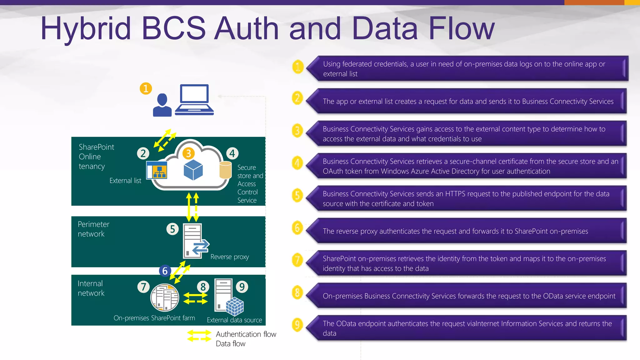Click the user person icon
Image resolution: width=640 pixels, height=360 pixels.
pos(162,105)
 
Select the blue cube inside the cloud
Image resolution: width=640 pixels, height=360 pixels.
pos(193,170)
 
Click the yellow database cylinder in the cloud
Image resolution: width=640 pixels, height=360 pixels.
pos(225,174)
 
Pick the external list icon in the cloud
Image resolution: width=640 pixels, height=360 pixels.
pos(157,170)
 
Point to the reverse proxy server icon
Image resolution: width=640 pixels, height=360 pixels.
pos(194,241)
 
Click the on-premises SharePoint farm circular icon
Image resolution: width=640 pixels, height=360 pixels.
pos(165,297)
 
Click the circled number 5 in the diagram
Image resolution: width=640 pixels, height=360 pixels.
pos(172,229)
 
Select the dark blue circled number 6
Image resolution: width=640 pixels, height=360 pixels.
pos(165,271)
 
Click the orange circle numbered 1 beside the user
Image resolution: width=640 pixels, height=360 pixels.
pos(146,88)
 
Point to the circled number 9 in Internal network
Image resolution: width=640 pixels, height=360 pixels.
pos(242,287)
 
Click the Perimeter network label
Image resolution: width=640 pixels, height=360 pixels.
pos(93,229)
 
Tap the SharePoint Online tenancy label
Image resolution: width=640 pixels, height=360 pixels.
pos(96,156)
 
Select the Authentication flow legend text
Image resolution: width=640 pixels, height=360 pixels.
pos(246,334)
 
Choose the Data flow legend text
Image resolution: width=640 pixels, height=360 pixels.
pos(231,344)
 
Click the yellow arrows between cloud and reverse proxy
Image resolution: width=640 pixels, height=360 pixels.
pos(192,207)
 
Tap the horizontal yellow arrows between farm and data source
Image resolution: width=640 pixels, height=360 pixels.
pos(195,298)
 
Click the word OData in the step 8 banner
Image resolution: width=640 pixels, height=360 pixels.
pos(553,296)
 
